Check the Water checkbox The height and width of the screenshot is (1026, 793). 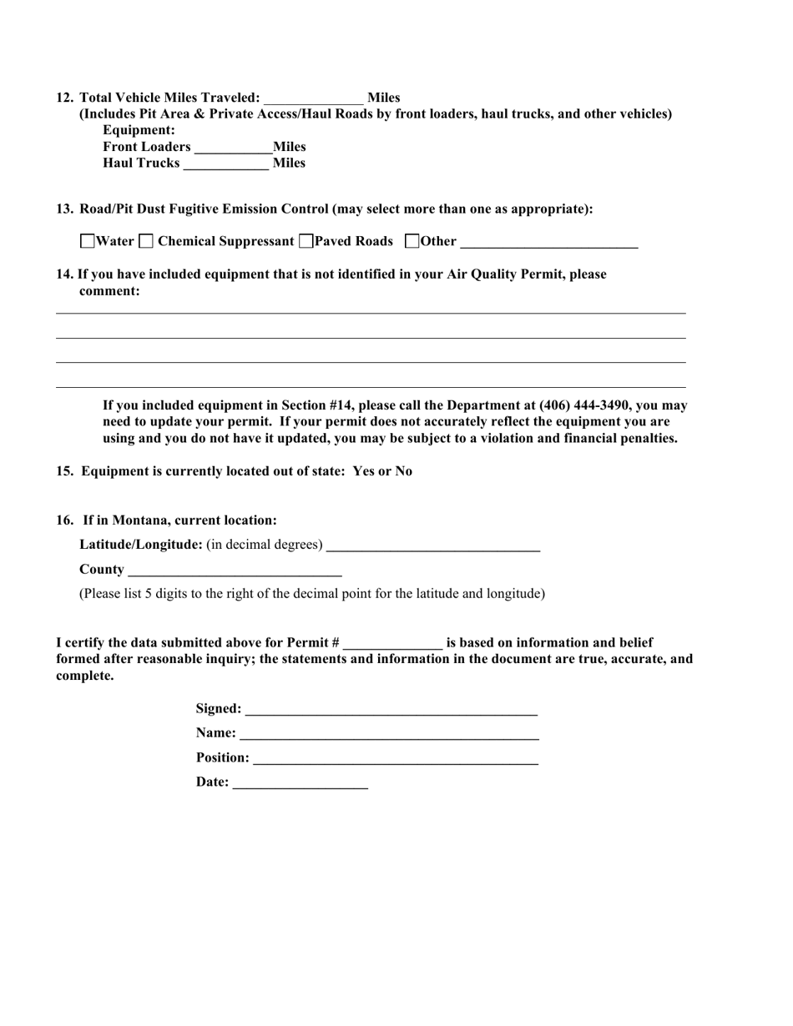point(88,242)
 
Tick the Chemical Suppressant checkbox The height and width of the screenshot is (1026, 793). point(146,242)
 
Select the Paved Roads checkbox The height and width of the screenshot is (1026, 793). point(306,242)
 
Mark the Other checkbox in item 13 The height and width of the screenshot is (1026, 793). point(412,242)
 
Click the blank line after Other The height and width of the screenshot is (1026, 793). point(548,244)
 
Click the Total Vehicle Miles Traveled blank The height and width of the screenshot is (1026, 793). point(314,99)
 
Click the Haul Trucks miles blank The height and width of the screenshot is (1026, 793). point(225,164)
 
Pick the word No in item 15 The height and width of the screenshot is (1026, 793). point(403,471)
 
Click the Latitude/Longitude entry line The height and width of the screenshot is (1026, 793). point(433,546)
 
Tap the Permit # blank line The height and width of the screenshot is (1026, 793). point(392,644)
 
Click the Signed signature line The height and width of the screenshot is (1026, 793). point(391,710)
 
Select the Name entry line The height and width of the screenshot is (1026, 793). point(389,734)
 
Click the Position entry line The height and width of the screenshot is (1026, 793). point(395,759)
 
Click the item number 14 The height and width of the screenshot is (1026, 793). point(64,274)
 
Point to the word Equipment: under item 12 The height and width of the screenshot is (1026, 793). point(139,131)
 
